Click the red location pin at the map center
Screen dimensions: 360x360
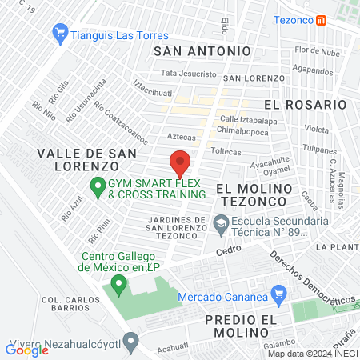click(181, 162)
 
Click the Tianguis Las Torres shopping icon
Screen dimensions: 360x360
click(58, 33)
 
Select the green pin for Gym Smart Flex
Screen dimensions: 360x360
click(98, 188)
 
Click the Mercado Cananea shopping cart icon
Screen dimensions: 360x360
click(278, 294)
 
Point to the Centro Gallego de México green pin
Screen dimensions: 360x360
click(118, 283)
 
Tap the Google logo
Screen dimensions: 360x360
click(26, 350)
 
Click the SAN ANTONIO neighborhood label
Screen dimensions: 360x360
click(202, 51)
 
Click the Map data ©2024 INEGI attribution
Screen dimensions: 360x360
click(312, 354)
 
